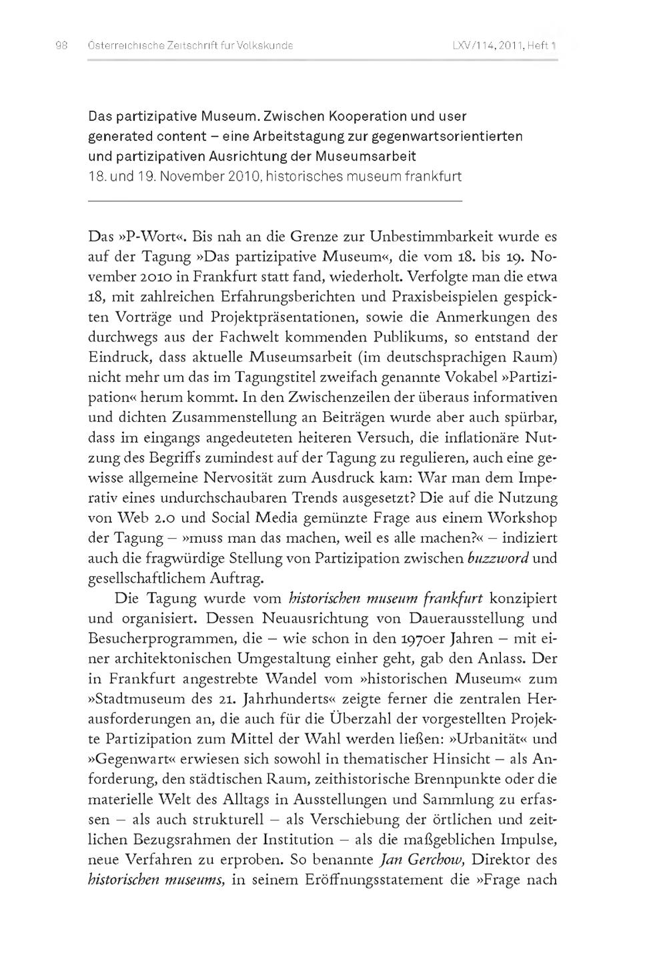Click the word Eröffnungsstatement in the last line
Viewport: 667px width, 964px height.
click(x=347, y=880)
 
